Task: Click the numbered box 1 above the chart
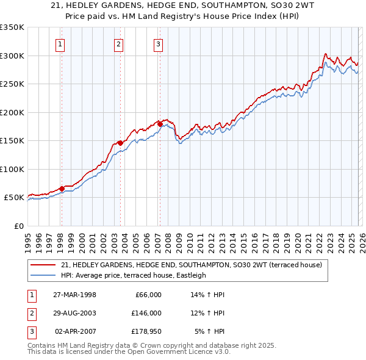[61, 43]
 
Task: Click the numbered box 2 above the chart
[118, 43]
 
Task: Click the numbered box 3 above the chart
[158, 43]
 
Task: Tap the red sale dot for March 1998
[62, 189]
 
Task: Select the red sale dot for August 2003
[120, 143]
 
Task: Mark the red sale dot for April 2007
[159, 124]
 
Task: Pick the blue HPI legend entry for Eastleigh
[134, 275]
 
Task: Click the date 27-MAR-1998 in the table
[75, 295]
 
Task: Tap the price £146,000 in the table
[146, 313]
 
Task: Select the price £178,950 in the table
[146, 331]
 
